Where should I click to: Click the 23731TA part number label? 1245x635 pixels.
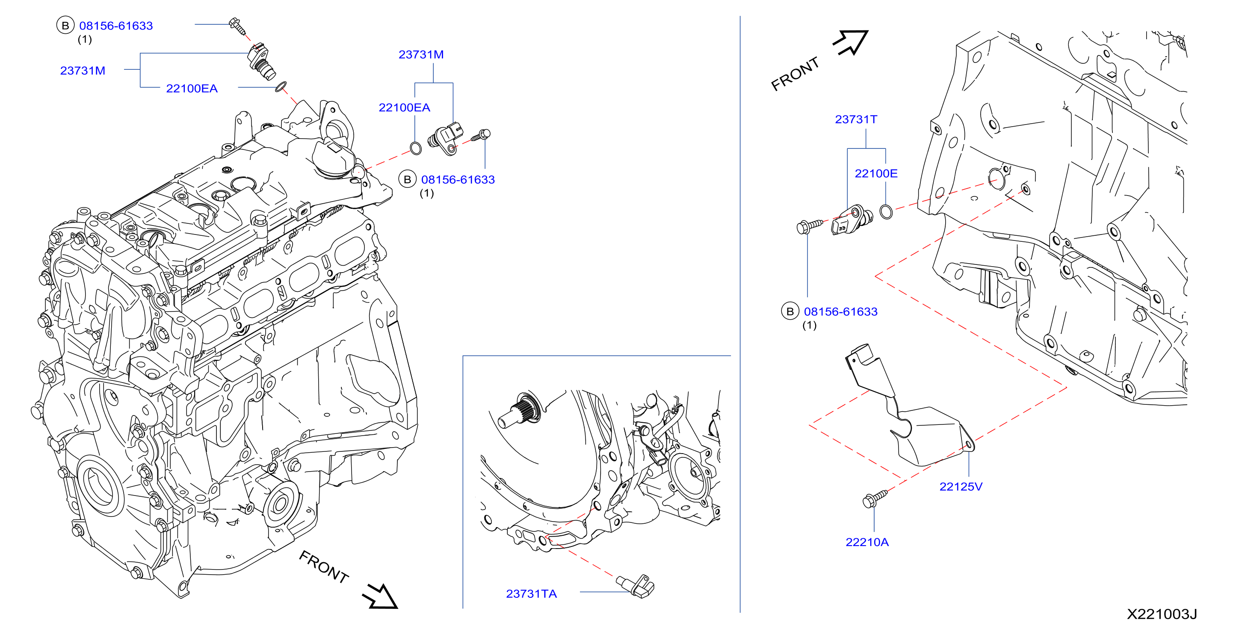tap(531, 593)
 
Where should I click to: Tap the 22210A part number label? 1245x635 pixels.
tap(866, 542)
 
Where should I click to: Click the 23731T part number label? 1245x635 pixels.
tap(855, 119)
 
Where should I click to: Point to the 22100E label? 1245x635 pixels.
tap(876, 174)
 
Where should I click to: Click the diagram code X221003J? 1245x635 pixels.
tap(1162, 614)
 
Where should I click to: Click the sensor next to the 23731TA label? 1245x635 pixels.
tap(636, 586)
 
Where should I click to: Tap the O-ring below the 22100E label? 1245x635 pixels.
tap(886, 212)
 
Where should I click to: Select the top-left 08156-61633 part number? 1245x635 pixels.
tap(115, 26)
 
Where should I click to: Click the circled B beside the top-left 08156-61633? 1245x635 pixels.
tap(65, 25)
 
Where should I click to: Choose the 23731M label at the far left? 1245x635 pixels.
tap(82, 71)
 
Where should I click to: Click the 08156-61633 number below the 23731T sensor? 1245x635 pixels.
tap(840, 312)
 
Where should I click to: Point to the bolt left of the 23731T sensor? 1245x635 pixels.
tap(808, 226)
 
